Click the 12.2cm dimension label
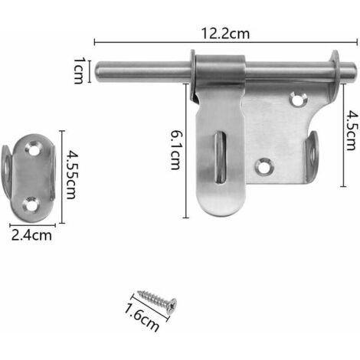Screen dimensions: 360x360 point(225,34)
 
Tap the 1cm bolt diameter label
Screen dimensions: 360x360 point(79,70)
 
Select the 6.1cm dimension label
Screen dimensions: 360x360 point(175,149)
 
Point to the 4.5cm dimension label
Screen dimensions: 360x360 point(351,130)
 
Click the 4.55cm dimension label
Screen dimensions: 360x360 point(71,175)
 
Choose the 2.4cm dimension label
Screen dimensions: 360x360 point(31,235)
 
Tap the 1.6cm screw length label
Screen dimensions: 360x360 point(142,318)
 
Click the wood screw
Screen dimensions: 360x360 point(157,301)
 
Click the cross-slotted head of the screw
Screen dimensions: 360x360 point(172,306)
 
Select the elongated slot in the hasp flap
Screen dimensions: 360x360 point(221,157)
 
